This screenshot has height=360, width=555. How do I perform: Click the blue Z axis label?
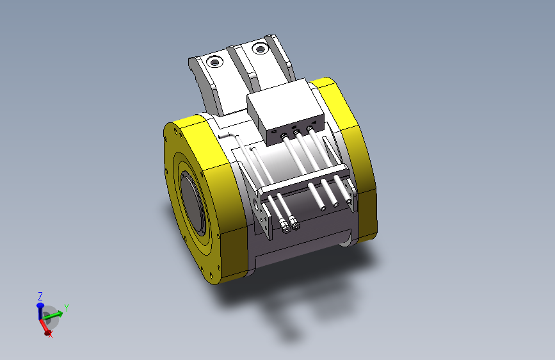[40, 296]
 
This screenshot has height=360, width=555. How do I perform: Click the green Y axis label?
[66, 308]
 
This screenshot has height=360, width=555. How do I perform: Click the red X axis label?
[51, 334]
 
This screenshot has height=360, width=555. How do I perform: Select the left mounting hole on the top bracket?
[214, 63]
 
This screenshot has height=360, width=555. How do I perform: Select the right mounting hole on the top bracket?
[261, 49]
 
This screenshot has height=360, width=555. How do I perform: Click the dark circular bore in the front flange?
[193, 204]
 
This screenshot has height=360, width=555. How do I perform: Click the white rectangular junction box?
[286, 111]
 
